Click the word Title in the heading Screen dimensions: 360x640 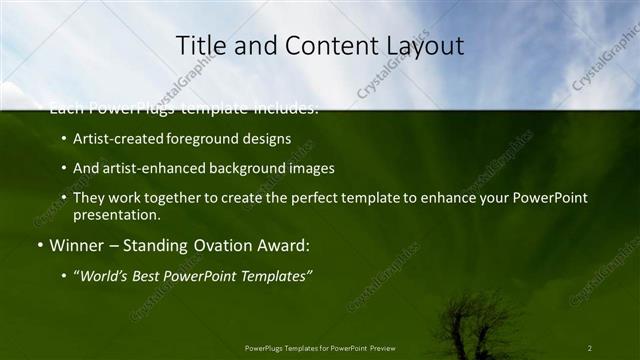coord(200,45)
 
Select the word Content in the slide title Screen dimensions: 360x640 coord(323,45)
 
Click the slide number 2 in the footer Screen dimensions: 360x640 coord(590,348)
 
